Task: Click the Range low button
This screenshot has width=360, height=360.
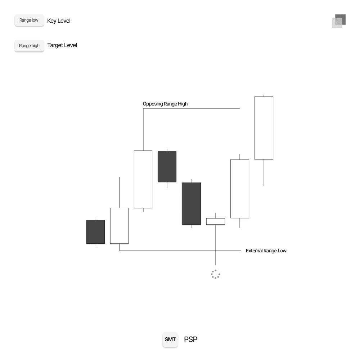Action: coord(29,21)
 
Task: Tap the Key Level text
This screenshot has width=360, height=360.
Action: coord(59,21)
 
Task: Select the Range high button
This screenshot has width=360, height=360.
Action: coord(29,46)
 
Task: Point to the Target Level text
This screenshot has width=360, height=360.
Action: coord(62,45)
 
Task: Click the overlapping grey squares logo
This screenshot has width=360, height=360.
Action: coord(339,21)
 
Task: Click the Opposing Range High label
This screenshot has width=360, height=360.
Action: coord(165,104)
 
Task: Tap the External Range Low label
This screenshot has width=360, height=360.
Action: coord(266,251)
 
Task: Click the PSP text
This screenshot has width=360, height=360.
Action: coord(190,339)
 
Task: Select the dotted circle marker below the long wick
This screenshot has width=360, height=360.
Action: coord(215,274)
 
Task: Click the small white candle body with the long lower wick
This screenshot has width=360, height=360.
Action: coord(215,221)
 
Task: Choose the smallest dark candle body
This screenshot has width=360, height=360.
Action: coord(95,232)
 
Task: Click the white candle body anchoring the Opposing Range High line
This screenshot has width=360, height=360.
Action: coord(143,179)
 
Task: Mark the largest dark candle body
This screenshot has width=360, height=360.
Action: coord(191,203)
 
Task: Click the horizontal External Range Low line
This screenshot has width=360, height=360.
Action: coord(180,251)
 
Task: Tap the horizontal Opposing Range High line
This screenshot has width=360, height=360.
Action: coord(191,108)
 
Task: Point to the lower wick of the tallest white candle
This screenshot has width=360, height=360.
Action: coord(264,172)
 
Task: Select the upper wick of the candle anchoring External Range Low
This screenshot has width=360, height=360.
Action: coord(119,192)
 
